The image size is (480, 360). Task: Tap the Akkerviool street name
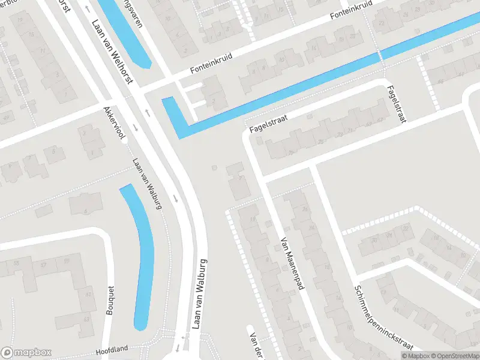click(x=115, y=124)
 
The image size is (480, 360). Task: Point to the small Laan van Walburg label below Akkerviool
click(x=148, y=183)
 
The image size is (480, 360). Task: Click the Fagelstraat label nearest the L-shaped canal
click(x=266, y=124)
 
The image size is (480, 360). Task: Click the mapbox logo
click(x=26, y=353)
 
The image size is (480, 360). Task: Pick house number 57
click(x=43, y=265)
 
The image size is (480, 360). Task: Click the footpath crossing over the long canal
click(x=380, y=56)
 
